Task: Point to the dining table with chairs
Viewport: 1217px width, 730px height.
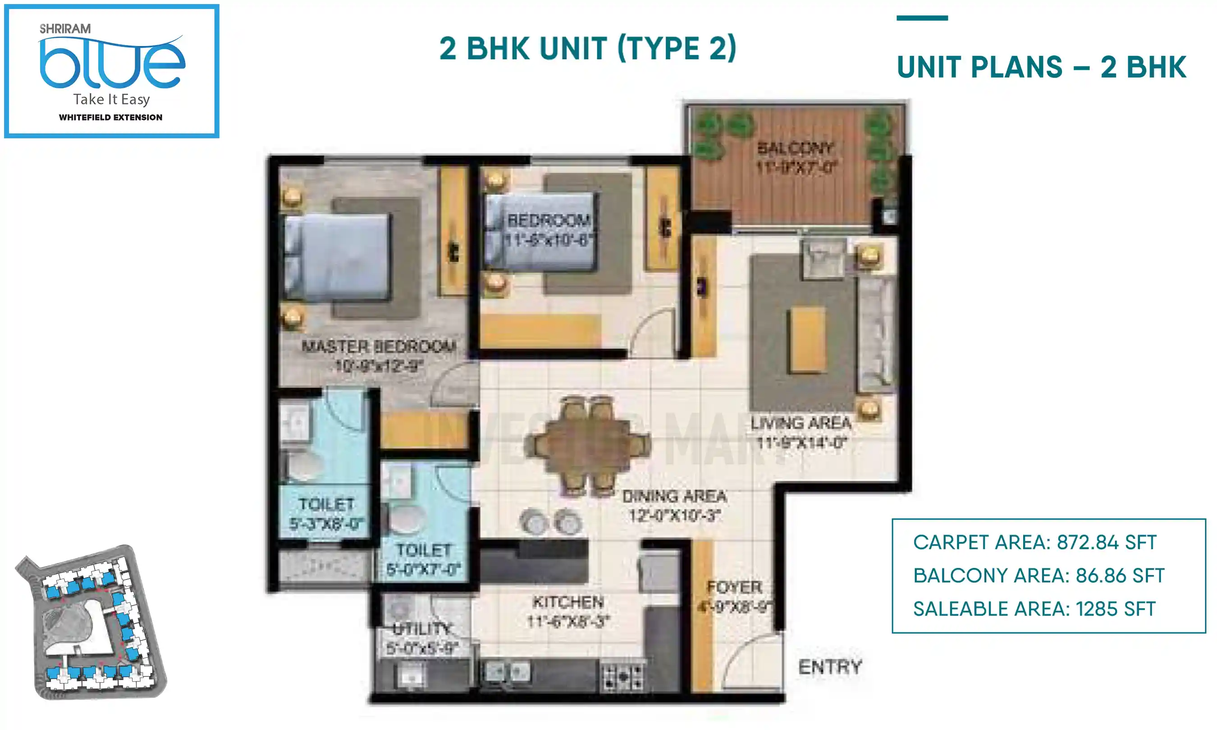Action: (588, 445)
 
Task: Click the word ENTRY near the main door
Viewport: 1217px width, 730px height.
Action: (830, 667)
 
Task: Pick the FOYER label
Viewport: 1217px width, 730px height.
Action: (734, 587)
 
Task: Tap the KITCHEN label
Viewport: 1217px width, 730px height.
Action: (568, 602)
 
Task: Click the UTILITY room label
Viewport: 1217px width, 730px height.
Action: (422, 629)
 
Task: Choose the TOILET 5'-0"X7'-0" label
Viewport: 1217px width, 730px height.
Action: (423, 560)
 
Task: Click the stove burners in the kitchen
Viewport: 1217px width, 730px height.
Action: (623, 677)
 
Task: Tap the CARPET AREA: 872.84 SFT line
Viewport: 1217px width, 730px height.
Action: (1034, 543)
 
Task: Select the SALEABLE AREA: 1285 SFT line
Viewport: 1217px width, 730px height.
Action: (1034, 609)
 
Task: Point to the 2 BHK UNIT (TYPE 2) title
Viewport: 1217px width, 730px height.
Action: (587, 48)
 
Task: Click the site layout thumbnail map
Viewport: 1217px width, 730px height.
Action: (91, 623)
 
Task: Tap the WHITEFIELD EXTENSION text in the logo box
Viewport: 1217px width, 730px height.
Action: (111, 118)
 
